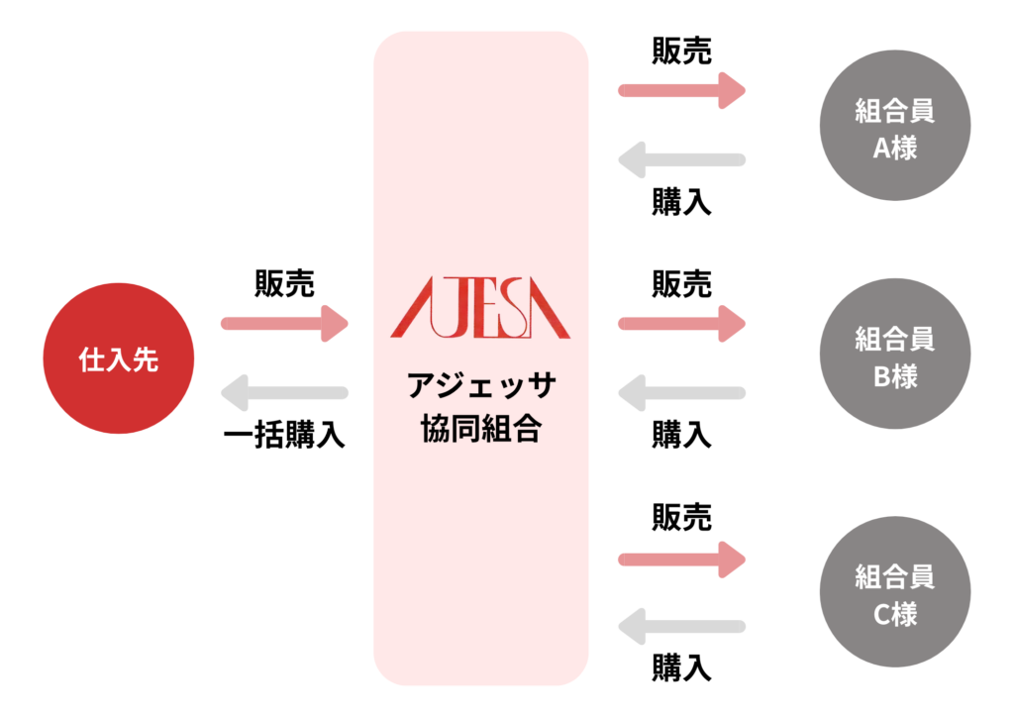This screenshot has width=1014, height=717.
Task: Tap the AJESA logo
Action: coord(480,312)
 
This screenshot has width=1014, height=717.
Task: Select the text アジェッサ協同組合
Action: coord(481,407)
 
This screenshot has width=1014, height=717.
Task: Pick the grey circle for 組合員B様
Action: coord(895,357)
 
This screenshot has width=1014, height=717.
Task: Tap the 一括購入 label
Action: coord(284,437)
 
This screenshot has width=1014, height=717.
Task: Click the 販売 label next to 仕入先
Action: coord(284,284)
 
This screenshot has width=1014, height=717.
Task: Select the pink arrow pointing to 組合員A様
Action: coord(681,90)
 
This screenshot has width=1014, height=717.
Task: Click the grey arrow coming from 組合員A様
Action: coord(681,159)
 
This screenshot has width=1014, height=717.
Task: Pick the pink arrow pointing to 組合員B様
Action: coord(681,323)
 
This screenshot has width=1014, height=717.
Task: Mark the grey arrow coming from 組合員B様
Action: coord(681,393)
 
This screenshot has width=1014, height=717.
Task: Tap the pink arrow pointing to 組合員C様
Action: coord(681,560)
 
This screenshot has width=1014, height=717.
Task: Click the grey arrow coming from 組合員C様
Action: coord(681,627)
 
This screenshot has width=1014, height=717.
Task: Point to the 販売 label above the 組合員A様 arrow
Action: coord(681,51)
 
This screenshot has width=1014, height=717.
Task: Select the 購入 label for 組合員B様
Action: coord(681,435)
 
